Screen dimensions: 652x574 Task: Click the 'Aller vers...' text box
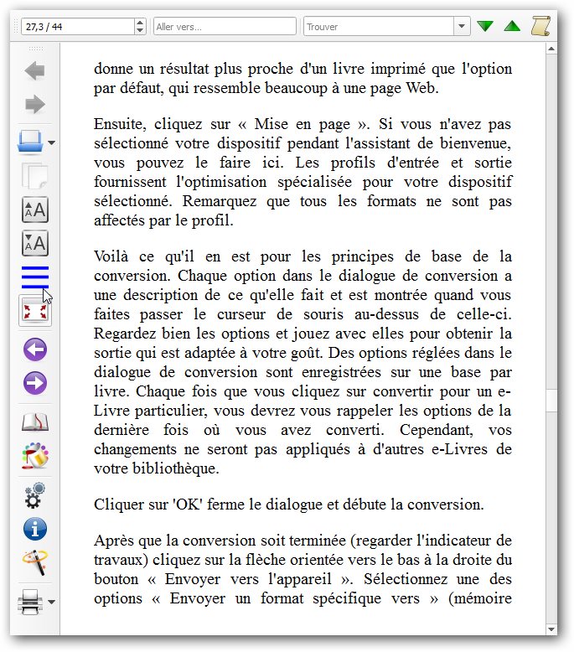(225, 27)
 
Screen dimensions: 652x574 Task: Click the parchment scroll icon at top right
(540, 26)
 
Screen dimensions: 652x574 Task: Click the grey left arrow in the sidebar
(35, 71)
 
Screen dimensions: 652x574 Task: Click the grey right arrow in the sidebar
(35, 105)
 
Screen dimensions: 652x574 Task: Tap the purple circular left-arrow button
(35, 349)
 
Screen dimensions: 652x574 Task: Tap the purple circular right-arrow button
(35, 383)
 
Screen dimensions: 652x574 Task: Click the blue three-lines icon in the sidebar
(34, 276)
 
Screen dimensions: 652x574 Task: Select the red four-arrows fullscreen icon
(35, 311)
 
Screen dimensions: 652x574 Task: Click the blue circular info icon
(35, 529)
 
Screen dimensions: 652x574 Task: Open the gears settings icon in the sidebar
(35, 495)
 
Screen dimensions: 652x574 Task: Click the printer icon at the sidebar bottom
(30, 603)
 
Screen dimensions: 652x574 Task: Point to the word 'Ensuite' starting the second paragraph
(116, 125)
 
